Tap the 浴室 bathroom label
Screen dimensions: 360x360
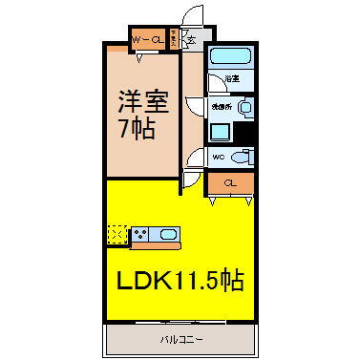[x=231, y=78]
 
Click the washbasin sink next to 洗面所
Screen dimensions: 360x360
[x=244, y=108]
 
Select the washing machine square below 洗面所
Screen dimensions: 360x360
[x=221, y=131]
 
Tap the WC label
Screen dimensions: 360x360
[x=218, y=157]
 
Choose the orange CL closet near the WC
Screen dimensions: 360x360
[x=230, y=181]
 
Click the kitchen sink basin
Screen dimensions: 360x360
[x=170, y=232]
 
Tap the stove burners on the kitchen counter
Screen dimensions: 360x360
[x=143, y=232]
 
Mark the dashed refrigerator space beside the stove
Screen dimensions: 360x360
[x=117, y=232]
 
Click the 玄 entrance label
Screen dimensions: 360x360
[x=191, y=40]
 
